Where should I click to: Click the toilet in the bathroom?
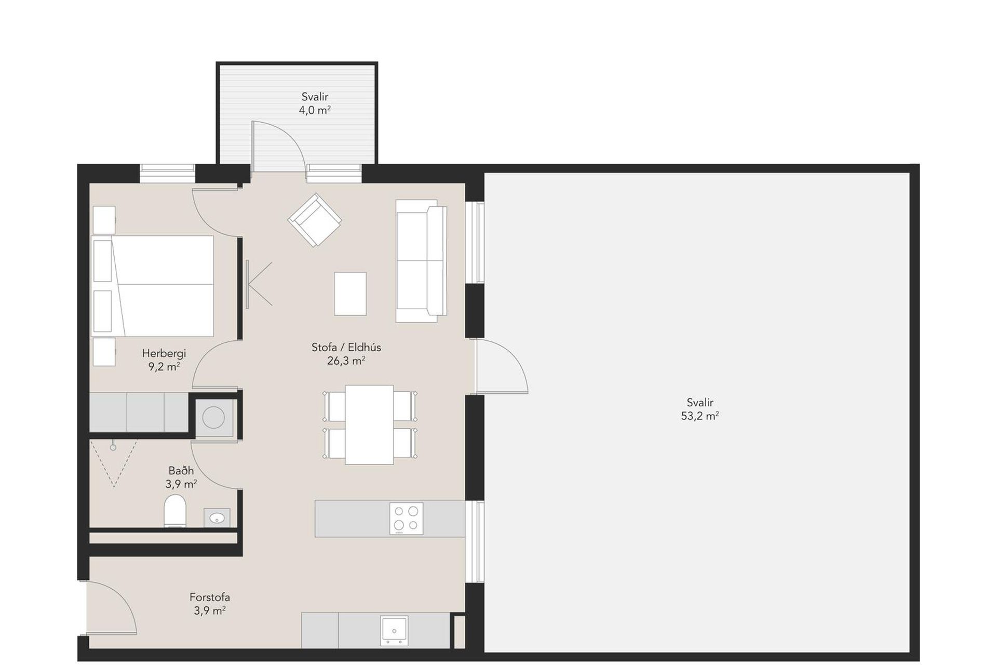point(175,511)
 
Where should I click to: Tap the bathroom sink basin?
point(217,517)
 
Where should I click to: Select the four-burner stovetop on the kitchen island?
point(406,518)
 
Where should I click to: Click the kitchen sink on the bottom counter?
point(394,631)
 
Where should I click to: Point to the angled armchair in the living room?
point(315,220)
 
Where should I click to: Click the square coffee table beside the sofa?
point(350,294)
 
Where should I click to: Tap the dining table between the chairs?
point(369,424)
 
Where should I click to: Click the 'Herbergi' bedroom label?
point(164,353)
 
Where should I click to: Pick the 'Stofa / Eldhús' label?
point(346,347)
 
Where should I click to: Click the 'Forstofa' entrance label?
point(210,597)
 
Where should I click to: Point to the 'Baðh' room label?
point(181,471)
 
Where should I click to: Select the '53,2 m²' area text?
point(700,416)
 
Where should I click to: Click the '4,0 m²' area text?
point(315,110)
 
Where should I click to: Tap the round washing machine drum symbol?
point(213,417)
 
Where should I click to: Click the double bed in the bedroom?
point(152,286)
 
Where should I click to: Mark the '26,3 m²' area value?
point(346,361)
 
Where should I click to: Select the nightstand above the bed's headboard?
point(104,220)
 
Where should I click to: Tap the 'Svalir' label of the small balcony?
point(315,97)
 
